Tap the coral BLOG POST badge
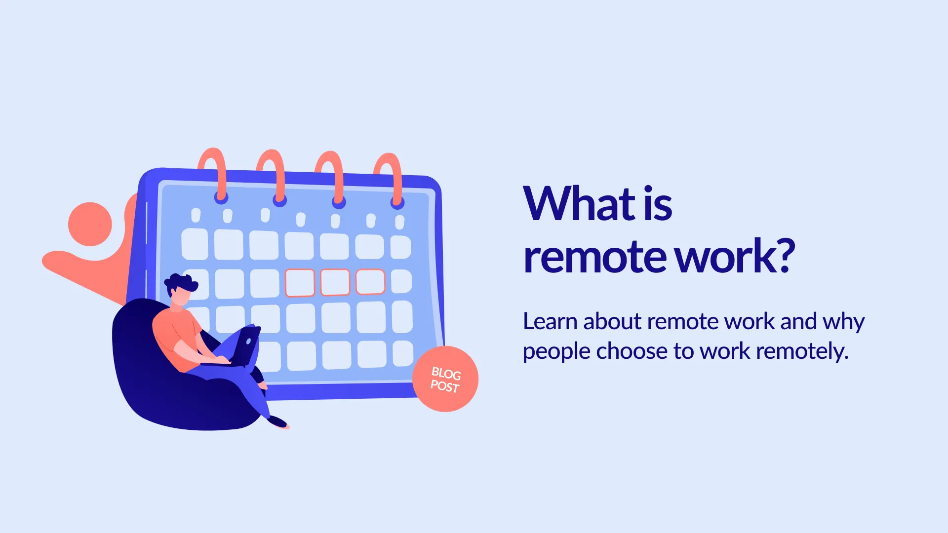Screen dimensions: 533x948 pos(445,379)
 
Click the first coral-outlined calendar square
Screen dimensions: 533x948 pos(300,283)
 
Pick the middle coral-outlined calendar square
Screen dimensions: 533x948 pos(335,282)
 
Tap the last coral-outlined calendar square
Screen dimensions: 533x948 pos(370,282)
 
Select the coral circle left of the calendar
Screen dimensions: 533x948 pos(90,224)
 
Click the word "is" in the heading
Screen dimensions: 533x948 pos(658,204)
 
